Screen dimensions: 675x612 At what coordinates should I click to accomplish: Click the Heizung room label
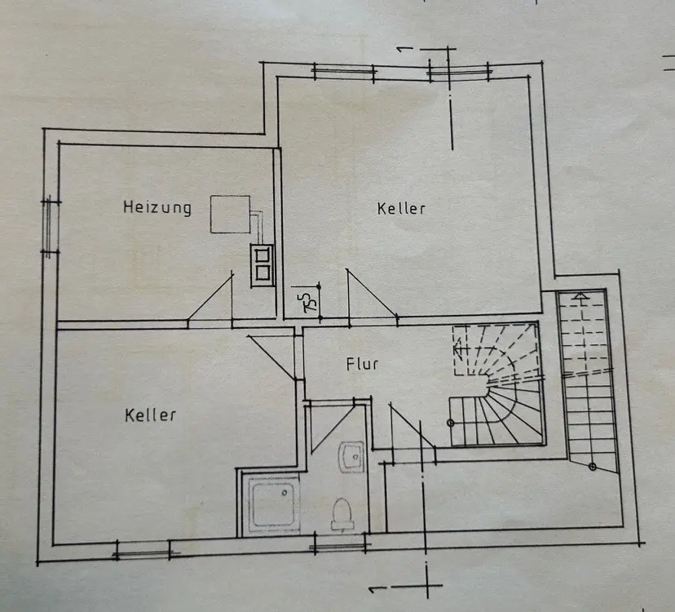click(157, 207)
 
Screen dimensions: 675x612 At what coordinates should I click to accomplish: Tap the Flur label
click(362, 364)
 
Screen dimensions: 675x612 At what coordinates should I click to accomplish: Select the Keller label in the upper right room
click(401, 208)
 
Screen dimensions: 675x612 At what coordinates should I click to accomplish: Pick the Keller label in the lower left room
click(151, 415)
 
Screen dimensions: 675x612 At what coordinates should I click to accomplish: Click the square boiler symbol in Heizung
click(230, 215)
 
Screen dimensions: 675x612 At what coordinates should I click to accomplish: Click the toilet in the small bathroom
click(343, 514)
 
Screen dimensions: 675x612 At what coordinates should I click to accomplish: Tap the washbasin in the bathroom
click(352, 455)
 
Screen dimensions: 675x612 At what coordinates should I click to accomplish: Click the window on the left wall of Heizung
click(51, 226)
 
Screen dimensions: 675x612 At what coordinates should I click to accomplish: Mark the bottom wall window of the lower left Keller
click(146, 553)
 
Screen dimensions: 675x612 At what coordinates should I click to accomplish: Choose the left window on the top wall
click(343, 72)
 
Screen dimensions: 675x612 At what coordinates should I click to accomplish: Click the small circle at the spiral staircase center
click(451, 422)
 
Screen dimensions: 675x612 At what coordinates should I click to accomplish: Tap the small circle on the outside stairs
click(593, 466)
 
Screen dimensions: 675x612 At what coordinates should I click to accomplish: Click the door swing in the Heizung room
click(210, 298)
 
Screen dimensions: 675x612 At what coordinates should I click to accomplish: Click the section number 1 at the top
click(401, 46)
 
